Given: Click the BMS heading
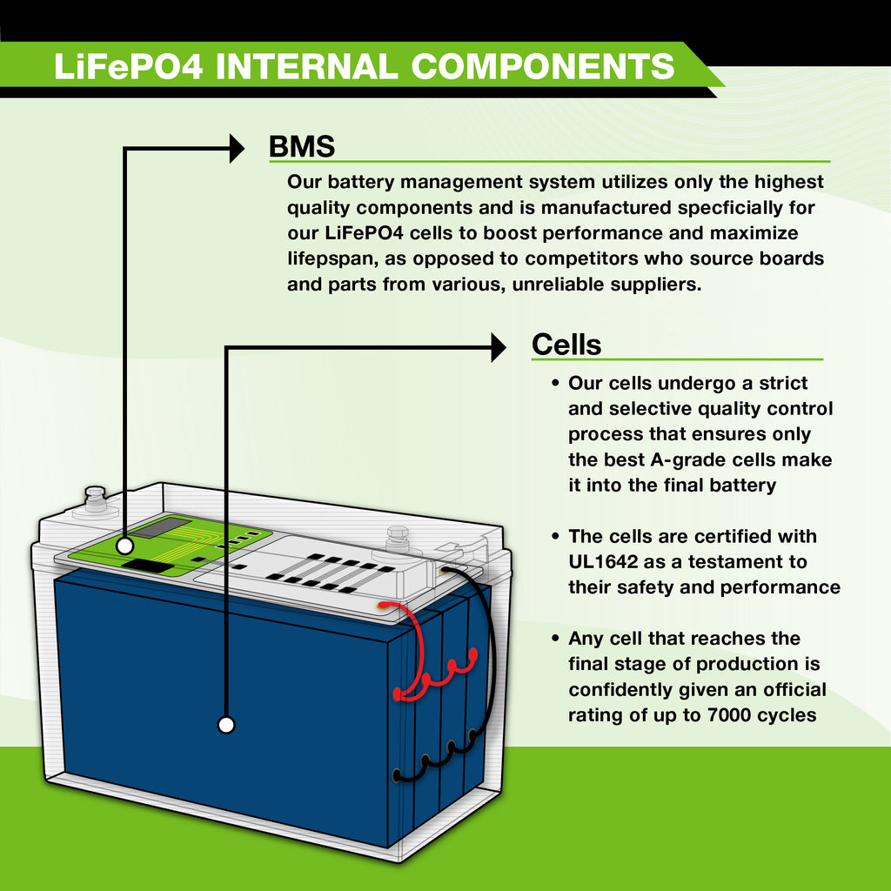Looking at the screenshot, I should (x=301, y=146).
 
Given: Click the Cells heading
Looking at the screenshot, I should (x=566, y=345).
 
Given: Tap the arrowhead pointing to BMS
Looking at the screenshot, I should (x=236, y=148).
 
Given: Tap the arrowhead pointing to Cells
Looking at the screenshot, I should (x=498, y=347).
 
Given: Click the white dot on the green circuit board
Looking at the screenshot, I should (x=124, y=546).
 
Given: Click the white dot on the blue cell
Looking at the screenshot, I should (x=226, y=724).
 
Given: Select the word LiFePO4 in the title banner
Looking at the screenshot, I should (x=128, y=66).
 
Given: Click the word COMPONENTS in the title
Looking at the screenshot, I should (x=542, y=66).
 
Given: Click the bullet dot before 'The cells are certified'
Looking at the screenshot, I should (x=555, y=537).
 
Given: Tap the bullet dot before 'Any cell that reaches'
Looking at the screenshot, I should (x=555, y=640).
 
